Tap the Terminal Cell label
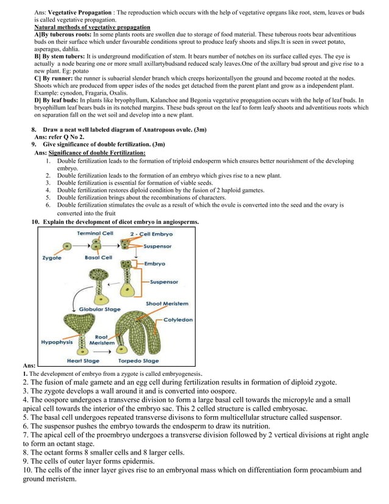pos(95,234)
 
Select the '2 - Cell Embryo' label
pos(151,234)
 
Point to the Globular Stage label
pos(100,309)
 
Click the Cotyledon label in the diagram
pos(177,319)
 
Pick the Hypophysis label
pos(56,342)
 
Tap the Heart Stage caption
pos(83,361)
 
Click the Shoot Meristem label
pos(167,303)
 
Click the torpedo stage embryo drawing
pos(138,333)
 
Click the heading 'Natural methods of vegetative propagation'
pos(92,27)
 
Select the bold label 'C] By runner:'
pos(53,79)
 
